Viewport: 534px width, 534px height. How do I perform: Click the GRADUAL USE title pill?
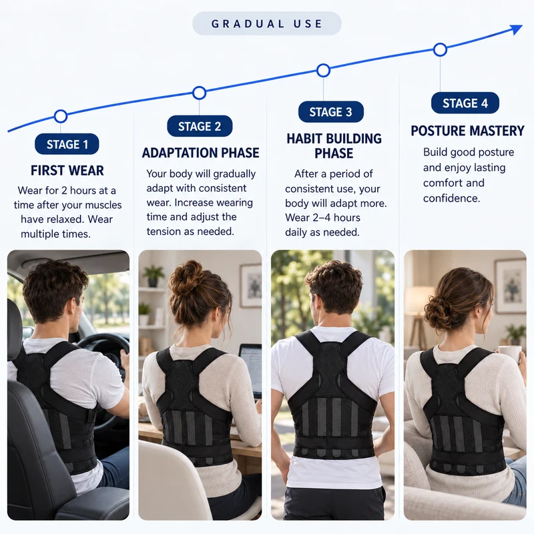tap(266, 23)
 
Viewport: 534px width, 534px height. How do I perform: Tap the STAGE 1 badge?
tap(67, 144)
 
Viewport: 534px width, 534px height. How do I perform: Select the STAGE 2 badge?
tap(200, 126)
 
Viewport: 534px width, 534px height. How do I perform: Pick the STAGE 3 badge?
tap(330, 111)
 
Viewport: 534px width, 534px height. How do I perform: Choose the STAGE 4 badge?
tap(465, 103)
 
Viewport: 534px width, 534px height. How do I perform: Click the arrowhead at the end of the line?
tap(517, 29)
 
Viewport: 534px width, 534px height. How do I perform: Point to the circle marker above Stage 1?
tap(61, 116)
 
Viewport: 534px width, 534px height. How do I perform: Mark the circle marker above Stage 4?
tap(440, 49)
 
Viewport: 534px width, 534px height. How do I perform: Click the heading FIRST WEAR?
tap(67, 170)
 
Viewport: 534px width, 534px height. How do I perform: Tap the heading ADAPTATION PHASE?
tap(200, 153)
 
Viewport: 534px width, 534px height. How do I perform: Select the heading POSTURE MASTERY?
tap(467, 131)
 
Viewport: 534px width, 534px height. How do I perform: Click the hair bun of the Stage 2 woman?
tap(185, 278)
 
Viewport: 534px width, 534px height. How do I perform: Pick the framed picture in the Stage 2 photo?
tap(251, 286)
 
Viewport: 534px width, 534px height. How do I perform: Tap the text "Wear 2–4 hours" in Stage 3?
tap(322, 218)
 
